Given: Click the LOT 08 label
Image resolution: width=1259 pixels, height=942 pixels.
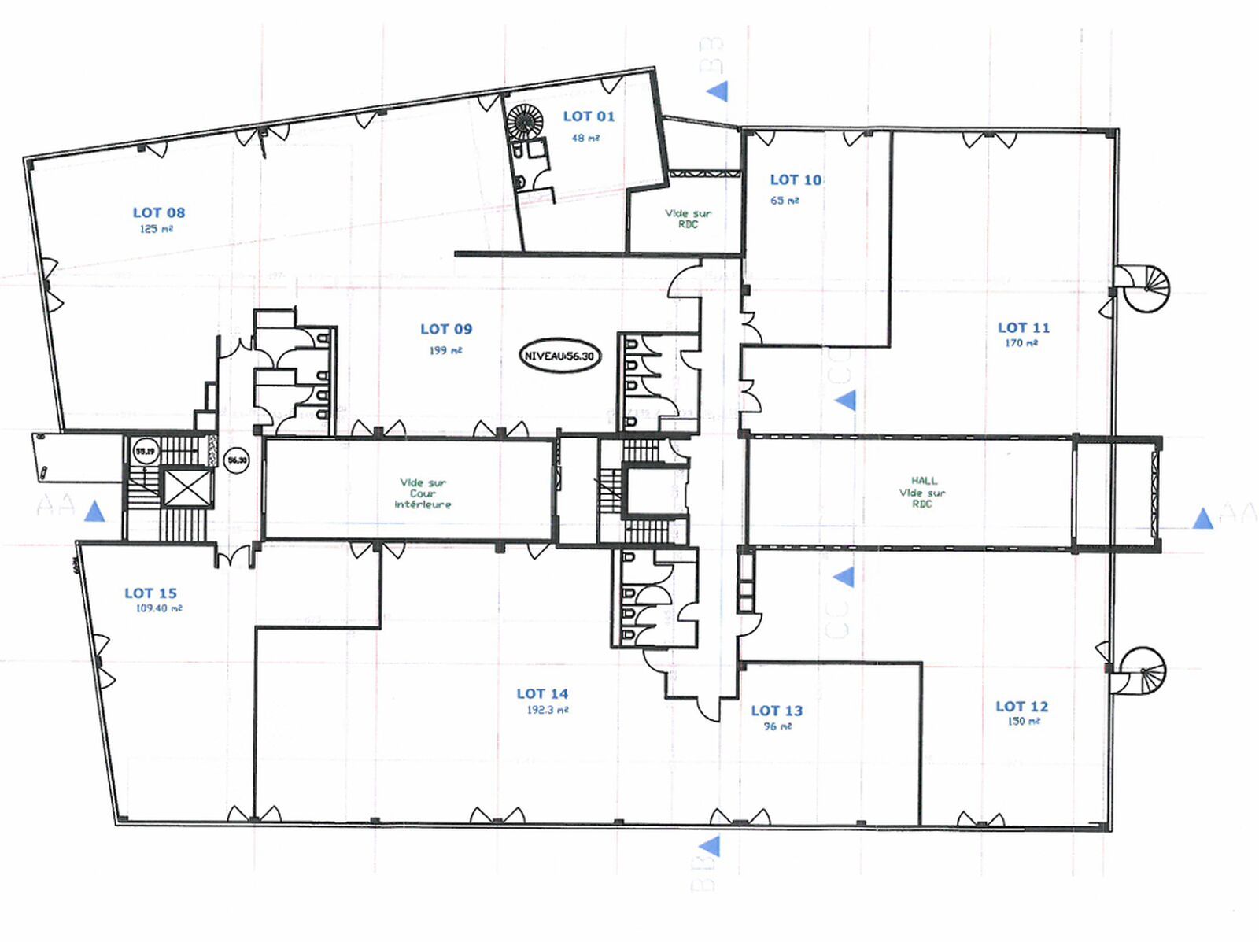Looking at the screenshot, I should click(x=158, y=212).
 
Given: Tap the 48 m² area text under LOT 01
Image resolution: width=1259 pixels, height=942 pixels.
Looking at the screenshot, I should click(x=585, y=138).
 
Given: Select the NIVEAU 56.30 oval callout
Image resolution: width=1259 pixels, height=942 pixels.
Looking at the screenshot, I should click(x=559, y=356).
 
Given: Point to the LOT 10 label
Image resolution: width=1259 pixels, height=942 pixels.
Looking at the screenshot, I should click(x=796, y=180).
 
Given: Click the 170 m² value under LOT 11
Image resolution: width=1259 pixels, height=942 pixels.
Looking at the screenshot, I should click(x=1021, y=343).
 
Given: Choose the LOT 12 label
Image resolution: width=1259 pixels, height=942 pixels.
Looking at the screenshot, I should click(x=1021, y=707).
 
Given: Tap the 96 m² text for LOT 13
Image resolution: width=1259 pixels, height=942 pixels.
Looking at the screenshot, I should click(x=777, y=726).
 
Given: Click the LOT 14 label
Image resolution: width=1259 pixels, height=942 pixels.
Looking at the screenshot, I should click(x=542, y=694).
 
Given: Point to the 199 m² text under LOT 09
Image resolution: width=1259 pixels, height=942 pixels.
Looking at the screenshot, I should click(x=445, y=350).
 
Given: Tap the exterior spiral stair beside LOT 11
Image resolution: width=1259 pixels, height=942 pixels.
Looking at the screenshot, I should click(x=1146, y=288).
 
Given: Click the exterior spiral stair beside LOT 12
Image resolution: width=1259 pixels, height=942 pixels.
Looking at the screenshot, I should click(x=1143, y=670).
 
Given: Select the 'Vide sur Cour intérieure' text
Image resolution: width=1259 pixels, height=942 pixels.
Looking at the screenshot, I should click(x=423, y=493).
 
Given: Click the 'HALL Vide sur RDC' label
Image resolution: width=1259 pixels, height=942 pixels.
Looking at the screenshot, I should click(x=923, y=492).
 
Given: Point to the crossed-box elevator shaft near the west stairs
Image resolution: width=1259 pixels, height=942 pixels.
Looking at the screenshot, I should click(x=186, y=489).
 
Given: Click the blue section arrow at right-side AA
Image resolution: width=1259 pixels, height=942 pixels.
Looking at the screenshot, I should click(x=1202, y=519).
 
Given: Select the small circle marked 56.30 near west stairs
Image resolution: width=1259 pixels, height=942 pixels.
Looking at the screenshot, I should click(x=237, y=460).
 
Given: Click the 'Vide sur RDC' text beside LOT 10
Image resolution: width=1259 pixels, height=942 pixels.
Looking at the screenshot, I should click(x=688, y=218).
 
